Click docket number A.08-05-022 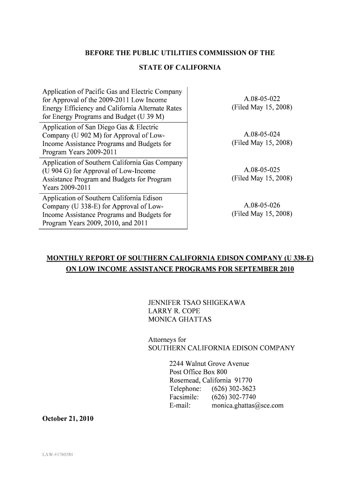pos(262,99)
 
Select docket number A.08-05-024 pos(262,135)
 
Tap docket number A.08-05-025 pos(262,170)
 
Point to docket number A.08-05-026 pos(262,205)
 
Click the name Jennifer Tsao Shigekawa pos(197,303)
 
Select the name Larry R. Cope pos(173,311)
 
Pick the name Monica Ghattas pos(180,319)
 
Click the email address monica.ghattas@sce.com pos(247,406)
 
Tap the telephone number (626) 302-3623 pos(233,389)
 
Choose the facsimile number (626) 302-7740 pos(233,397)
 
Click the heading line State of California pos(180,68)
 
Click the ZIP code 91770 pos(242,380)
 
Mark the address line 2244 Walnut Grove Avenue pos(209,363)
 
